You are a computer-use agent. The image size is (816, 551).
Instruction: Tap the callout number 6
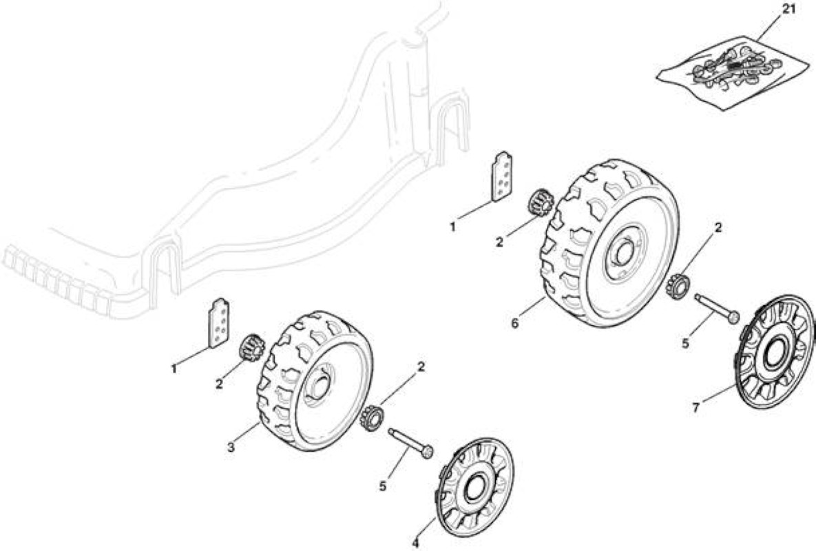(x=514, y=324)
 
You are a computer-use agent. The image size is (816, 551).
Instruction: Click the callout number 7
(x=696, y=408)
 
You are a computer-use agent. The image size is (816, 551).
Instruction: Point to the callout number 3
(x=231, y=447)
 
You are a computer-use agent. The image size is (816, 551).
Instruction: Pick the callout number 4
(x=415, y=543)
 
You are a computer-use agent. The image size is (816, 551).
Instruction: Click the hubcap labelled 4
(x=474, y=487)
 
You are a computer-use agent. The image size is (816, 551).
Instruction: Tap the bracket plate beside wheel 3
(x=219, y=322)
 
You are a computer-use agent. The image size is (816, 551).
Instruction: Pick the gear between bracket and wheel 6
(x=540, y=203)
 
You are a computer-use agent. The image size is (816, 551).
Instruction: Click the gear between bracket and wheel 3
(x=251, y=348)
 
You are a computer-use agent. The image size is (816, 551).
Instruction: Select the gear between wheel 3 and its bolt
(x=372, y=417)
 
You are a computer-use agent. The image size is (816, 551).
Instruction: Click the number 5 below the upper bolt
(x=685, y=344)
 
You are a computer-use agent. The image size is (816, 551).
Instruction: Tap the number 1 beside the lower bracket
(x=174, y=369)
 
